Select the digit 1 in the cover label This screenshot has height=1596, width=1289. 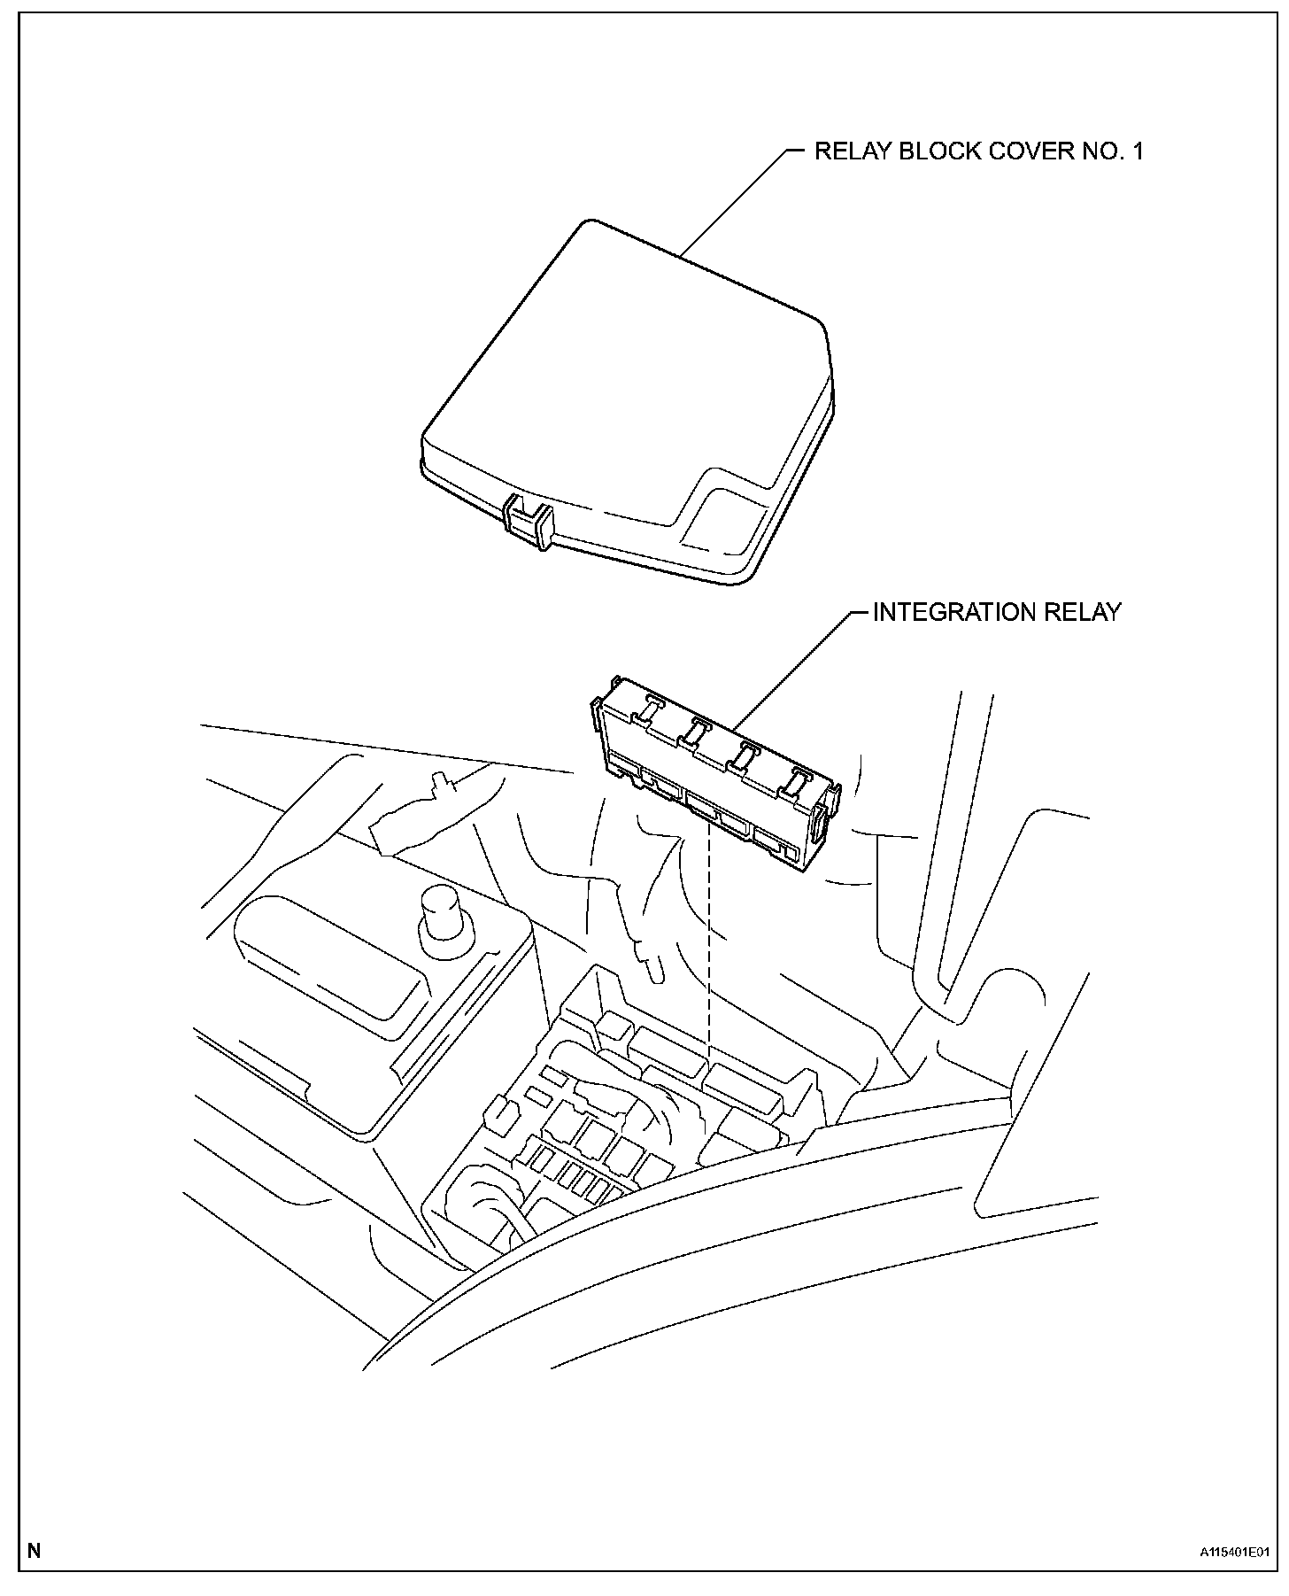point(1137,151)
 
